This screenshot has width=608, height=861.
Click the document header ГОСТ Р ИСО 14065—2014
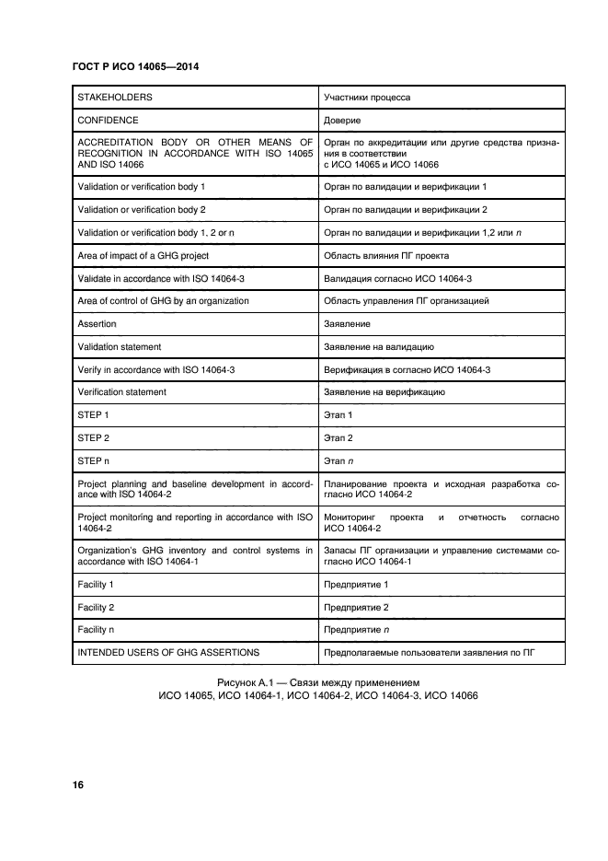135,66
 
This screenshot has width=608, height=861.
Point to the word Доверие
342,120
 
